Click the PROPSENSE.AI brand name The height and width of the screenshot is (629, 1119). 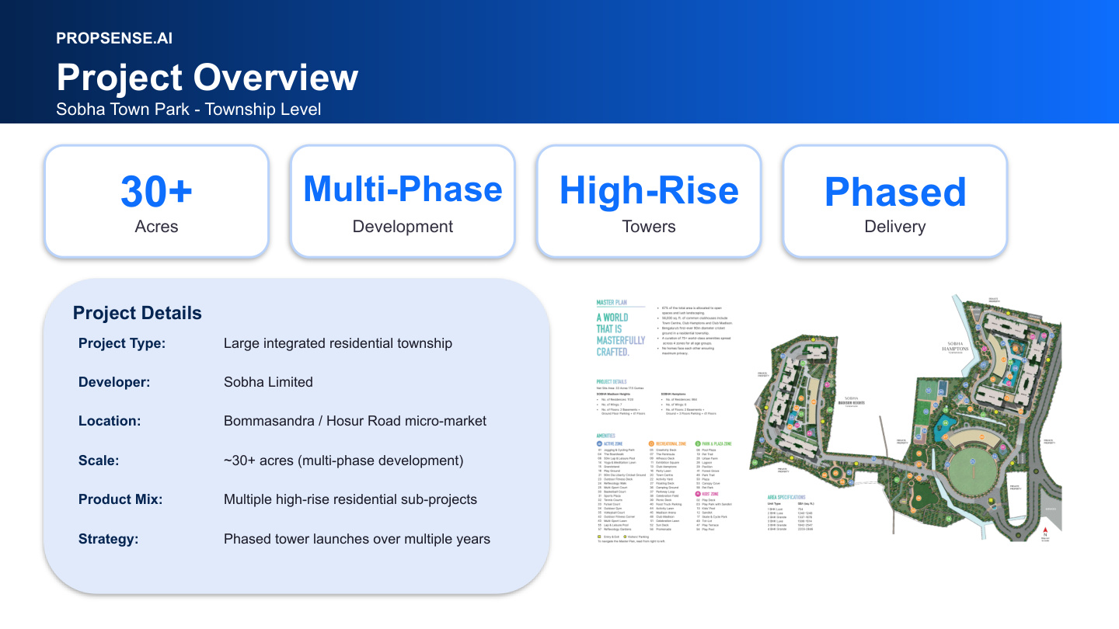point(114,38)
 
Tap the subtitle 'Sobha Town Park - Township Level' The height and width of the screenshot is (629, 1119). point(188,109)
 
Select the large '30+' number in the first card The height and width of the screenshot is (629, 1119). point(156,192)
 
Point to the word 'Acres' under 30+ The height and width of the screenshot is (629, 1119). point(156,227)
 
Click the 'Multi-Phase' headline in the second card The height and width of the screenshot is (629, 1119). point(403,189)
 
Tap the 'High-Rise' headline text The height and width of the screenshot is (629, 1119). point(649,191)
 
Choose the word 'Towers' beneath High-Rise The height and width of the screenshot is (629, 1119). point(649,227)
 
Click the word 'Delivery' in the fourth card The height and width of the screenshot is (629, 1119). point(895,227)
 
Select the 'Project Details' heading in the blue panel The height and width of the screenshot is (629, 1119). point(137,313)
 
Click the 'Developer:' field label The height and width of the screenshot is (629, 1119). point(114,382)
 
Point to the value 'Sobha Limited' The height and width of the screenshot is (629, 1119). point(268,382)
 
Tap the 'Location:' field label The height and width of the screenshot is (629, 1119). point(110,421)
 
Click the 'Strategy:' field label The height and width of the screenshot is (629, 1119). point(108,538)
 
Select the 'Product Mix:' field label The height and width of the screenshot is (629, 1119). point(120,499)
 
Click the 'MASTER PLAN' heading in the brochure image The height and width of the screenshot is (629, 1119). point(612,303)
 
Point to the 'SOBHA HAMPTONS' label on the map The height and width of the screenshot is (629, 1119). point(953,346)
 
